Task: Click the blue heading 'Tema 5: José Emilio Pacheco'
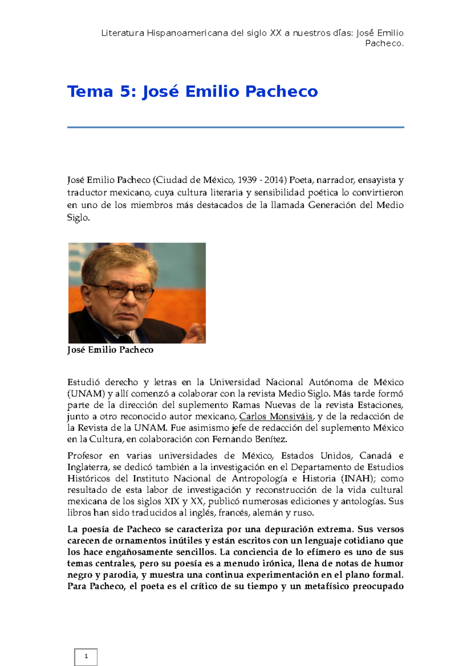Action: pyautogui.click(x=192, y=91)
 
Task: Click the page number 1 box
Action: pyautogui.click(x=86, y=657)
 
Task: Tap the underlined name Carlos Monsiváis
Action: pyautogui.click(x=276, y=417)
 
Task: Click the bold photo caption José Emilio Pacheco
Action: pyautogui.click(x=110, y=350)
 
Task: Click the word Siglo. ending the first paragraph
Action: pyautogui.click(x=78, y=218)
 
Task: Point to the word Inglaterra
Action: pyautogui.click(x=88, y=467)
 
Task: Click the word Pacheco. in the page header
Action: pyautogui.click(x=384, y=44)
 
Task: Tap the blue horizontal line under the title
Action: pyautogui.click(x=235, y=127)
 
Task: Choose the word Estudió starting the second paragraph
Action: pyautogui.click(x=83, y=382)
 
